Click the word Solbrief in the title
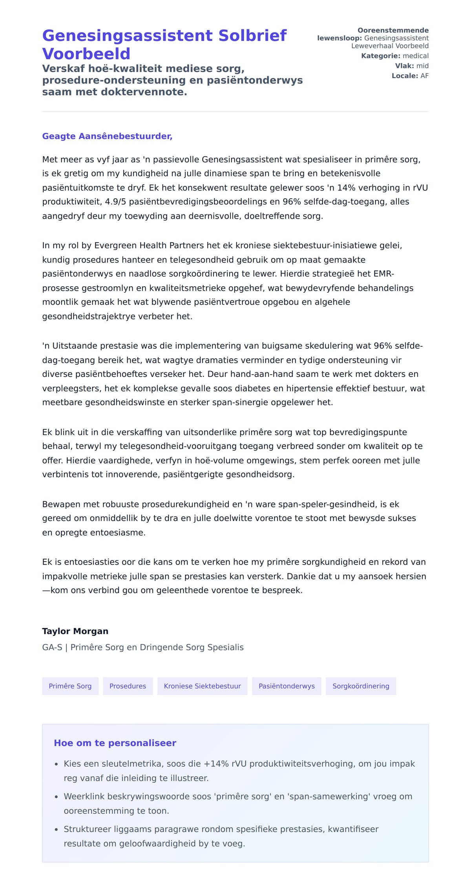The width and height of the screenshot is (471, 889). coord(252,36)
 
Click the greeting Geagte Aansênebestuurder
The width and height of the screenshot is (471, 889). coord(107,136)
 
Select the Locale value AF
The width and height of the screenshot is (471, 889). coord(424,76)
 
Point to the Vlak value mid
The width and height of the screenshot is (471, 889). coord(422,66)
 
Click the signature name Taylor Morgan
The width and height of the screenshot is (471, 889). coord(75,631)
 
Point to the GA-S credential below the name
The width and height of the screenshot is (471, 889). coord(52,648)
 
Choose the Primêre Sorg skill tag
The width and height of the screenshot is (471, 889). coord(70,686)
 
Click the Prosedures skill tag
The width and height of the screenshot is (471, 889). coord(128,686)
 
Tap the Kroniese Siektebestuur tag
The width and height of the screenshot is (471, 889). coord(202,686)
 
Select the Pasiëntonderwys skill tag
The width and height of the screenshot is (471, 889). coord(287,686)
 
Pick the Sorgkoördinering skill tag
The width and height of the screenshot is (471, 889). coord(361,686)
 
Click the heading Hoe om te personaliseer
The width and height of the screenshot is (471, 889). coord(115,743)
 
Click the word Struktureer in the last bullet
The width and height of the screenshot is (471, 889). coord(87,829)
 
